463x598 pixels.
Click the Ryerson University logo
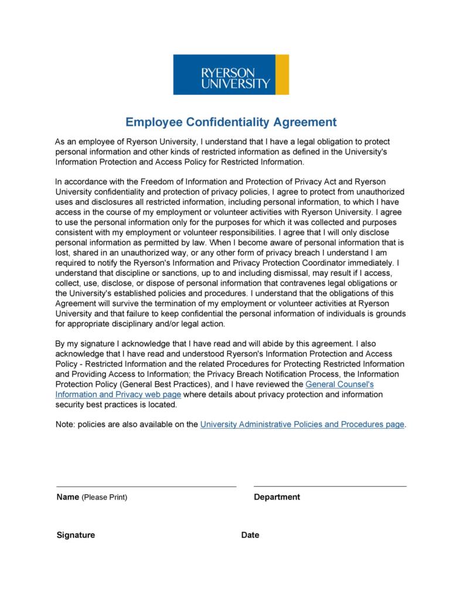[230, 74]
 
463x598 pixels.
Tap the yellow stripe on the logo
[282, 74]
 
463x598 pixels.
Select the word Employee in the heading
[154, 122]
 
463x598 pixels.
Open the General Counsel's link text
[339, 384]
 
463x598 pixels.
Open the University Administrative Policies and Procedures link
[302, 425]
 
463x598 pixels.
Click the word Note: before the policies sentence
[65, 425]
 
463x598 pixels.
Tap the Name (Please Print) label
[91, 497]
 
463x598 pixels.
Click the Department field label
[277, 497]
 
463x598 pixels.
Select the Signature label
[76, 535]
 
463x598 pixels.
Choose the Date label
[250, 535]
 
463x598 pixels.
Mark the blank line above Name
[146, 486]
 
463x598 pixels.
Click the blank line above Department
[330, 486]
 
